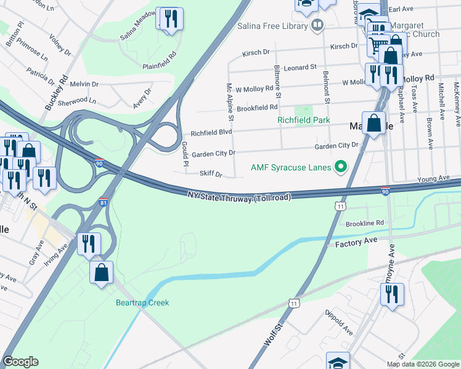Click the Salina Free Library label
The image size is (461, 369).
coord(272,26)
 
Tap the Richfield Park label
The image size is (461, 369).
coord(303,120)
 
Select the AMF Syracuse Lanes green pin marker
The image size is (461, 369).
coord(339,167)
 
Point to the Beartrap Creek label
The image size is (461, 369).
coord(142,303)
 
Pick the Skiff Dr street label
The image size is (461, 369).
coord(210,174)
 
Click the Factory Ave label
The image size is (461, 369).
coord(356,244)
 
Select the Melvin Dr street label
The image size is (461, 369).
coord(84,84)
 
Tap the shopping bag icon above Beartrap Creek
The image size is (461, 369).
coord(101,272)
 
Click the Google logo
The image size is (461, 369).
coord(20,362)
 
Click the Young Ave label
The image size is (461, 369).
coord(433,178)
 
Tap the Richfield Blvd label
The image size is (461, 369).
coord(211,132)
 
